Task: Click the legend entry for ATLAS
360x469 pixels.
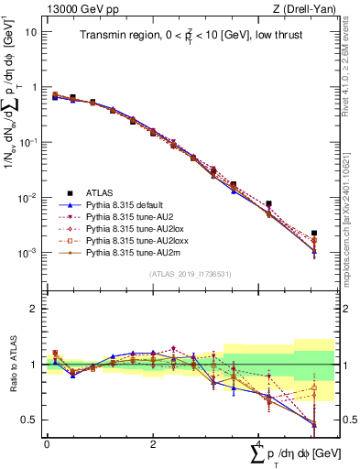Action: pyautogui.click(x=100, y=192)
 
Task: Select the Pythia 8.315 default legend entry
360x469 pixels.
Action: pyautogui.click(x=125, y=204)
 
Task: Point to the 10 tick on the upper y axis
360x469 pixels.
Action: pyautogui.click(x=30, y=31)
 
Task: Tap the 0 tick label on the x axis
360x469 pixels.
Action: pyautogui.click(x=47, y=443)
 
